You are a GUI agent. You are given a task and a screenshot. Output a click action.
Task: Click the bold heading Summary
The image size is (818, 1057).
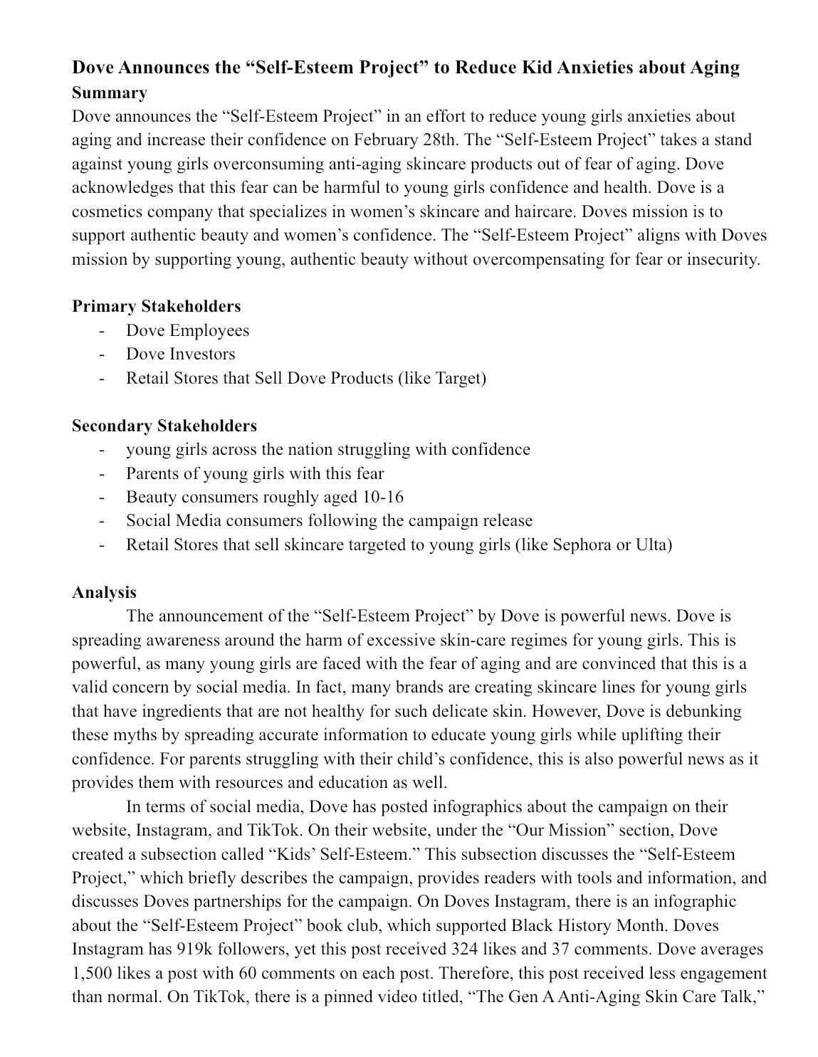click(x=110, y=93)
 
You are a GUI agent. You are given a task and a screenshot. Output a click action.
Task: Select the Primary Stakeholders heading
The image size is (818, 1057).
click(x=157, y=306)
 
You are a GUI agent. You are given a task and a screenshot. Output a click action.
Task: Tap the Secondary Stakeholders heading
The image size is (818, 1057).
click(x=164, y=426)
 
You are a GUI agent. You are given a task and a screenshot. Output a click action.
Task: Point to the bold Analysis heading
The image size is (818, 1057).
click(x=104, y=592)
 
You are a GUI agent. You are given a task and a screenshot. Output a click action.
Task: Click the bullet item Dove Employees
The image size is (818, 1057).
click(x=187, y=330)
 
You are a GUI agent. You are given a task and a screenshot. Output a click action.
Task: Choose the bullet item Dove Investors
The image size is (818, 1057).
click(x=180, y=354)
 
